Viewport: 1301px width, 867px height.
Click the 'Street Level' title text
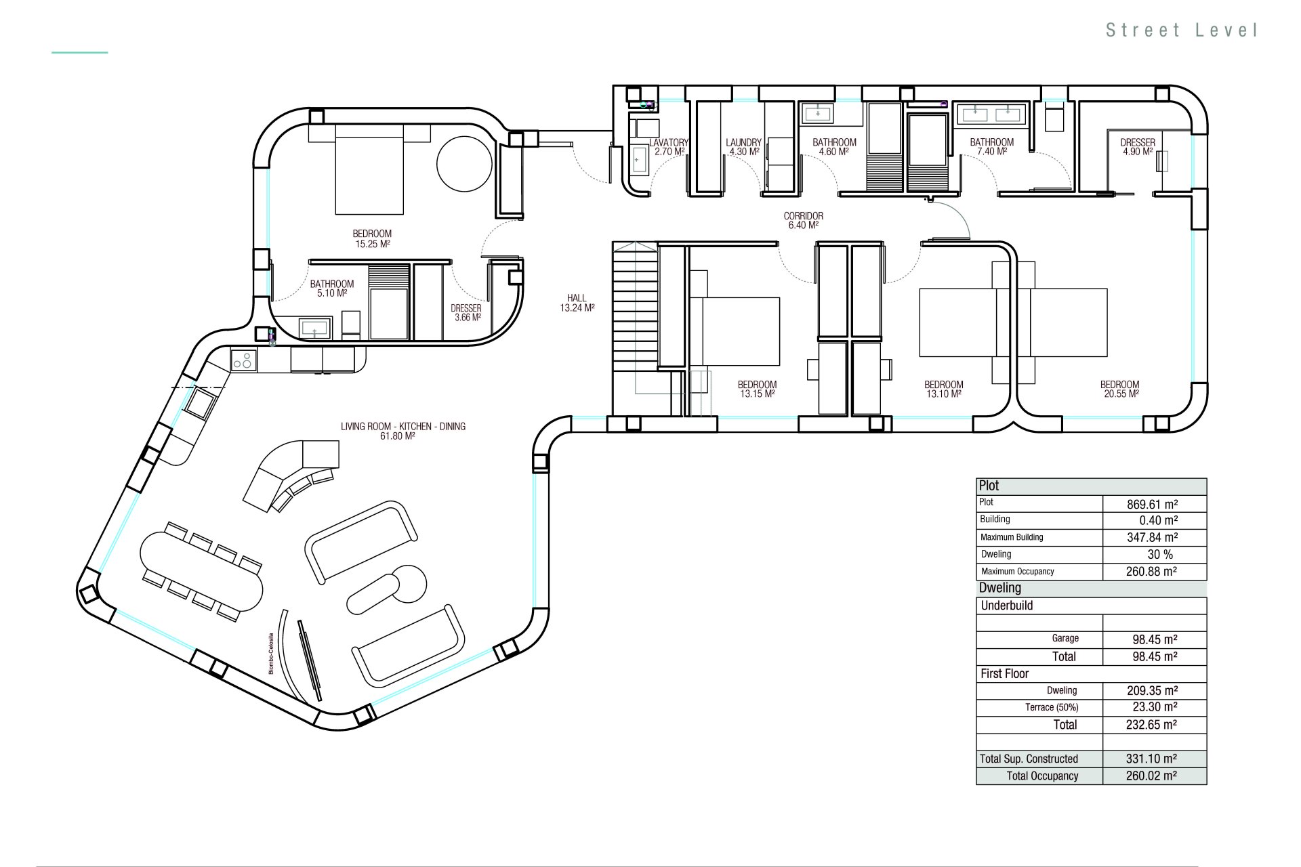[1182, 30]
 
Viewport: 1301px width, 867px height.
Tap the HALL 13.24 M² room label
[577, 303]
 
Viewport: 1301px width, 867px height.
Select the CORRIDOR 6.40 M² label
[804, 221]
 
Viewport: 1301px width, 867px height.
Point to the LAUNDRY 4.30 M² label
[743, 147]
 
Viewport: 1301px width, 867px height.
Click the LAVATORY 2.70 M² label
[669, 147]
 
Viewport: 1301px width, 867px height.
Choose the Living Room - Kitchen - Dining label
[403, 431]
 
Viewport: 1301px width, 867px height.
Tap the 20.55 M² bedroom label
[1120, 389]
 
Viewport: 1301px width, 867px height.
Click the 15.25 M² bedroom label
[372, 238]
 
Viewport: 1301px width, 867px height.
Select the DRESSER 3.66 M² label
[466, 312]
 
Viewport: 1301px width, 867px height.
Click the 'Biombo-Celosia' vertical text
[271, 653]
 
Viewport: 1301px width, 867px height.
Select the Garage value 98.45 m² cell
[1155, 639]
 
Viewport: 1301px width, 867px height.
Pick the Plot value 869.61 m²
[1155, 504]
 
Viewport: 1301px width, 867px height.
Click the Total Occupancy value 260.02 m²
[1155, 776]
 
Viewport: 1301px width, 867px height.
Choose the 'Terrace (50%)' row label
[1052, 707]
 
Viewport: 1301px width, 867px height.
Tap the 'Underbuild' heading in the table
[1007, 606]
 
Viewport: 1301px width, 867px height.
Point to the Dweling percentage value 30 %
[1155, 555]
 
